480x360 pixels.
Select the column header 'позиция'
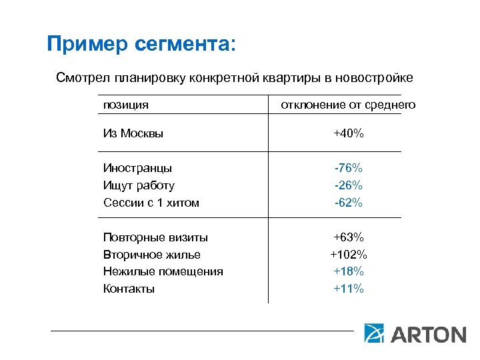tap(125, 105)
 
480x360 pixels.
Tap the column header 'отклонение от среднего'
tap(348, 105)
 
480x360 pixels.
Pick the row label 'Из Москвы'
tap(133, 133)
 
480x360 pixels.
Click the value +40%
tap(349, 133)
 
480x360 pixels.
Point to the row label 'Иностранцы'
tap(137, 168)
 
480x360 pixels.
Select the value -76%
tap(349, 168)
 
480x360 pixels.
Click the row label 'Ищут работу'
tap(139, 185)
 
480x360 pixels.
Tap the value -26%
tap(349, 185)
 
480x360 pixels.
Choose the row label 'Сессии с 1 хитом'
tap(151, 203)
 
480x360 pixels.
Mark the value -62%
tap(349, 203)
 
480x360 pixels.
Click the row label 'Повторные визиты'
tap(155, 237)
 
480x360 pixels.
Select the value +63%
tap(349, 237)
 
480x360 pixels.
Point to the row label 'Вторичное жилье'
tap(152, 255)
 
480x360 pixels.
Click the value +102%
tap(349, 255)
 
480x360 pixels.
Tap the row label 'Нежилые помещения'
tap(163, 271)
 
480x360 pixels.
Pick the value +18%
tap(349, 271)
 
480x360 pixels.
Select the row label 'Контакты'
tap(129, 289)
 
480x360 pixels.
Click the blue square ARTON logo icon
tap(374, 333)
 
